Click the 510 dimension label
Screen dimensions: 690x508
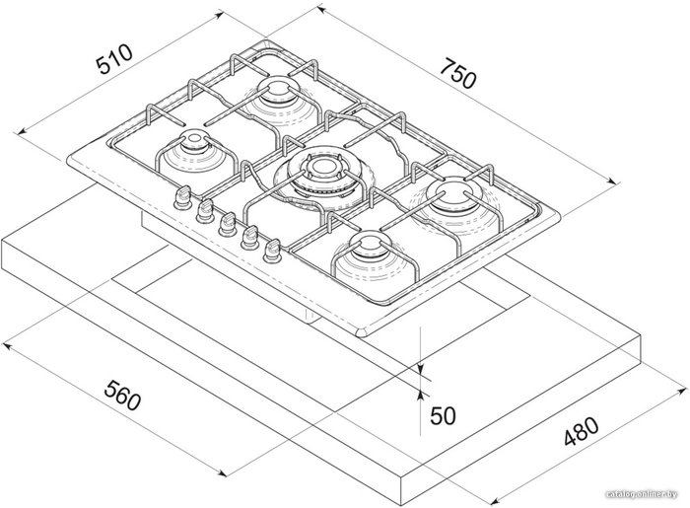(x=114, y=59)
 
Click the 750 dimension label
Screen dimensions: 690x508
(x=458, y=73)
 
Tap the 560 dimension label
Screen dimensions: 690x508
(x=122, y=397)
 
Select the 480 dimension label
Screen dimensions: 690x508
(x=582, y=431)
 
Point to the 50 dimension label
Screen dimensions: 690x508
(x=443, y=415)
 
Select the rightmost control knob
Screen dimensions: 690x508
(x=272, y=251)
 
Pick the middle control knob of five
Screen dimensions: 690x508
(x=227, y=224)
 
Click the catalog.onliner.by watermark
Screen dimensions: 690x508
(x=641, y=494)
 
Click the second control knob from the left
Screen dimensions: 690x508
(x=205, y=210)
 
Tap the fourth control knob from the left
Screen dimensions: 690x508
(x=249, y=238)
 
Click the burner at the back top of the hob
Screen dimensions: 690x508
(x=278, y=99)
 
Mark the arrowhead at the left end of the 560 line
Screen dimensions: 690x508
(x=6, y=347)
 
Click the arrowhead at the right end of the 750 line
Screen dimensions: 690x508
(x=615, y=181)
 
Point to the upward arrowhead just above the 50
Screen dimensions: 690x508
(x=421, y=395)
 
